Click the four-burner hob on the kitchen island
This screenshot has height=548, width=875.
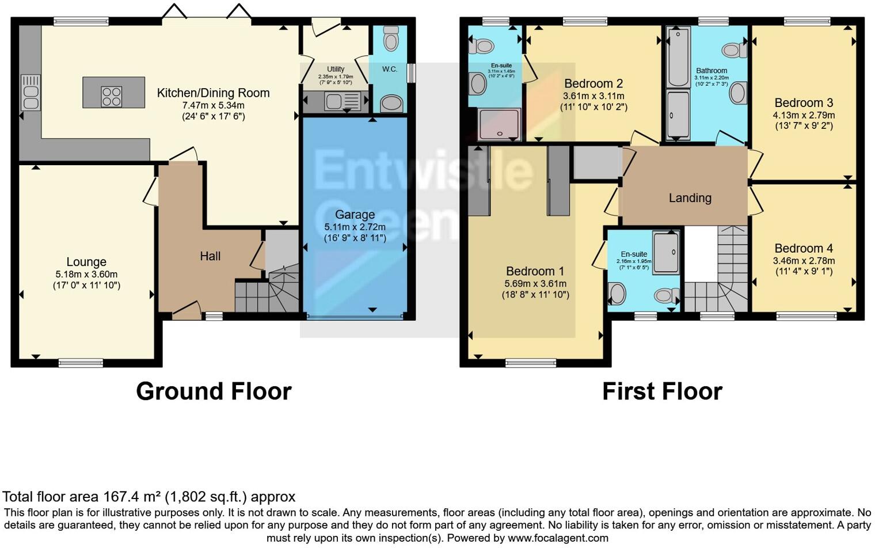tap(111, 96)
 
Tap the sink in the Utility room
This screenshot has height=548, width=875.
tap(334, 102)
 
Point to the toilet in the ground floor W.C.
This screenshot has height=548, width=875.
tap(391, 40)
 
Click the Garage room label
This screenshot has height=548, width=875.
tap(355, 215)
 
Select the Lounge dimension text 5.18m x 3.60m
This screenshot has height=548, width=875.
tap(86, 274)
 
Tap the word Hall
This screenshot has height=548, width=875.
tap(210, 256)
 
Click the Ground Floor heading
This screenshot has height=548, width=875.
tap(214, 391)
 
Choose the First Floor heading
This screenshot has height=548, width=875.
tap(662, 391)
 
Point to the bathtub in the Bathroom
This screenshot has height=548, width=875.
tap(679, 56)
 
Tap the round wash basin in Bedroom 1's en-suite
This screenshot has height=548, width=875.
tap(617, 294)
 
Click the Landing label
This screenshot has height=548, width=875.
tap(690, 198)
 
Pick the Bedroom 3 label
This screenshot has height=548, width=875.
tap(804, 103)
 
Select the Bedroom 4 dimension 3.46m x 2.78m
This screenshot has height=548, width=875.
tap(804, 261)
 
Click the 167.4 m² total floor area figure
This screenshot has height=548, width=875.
tap(132, 497)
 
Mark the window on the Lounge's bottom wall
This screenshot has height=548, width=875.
tap(81, 363)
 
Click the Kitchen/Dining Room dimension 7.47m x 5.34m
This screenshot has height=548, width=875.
tap(213, 105)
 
